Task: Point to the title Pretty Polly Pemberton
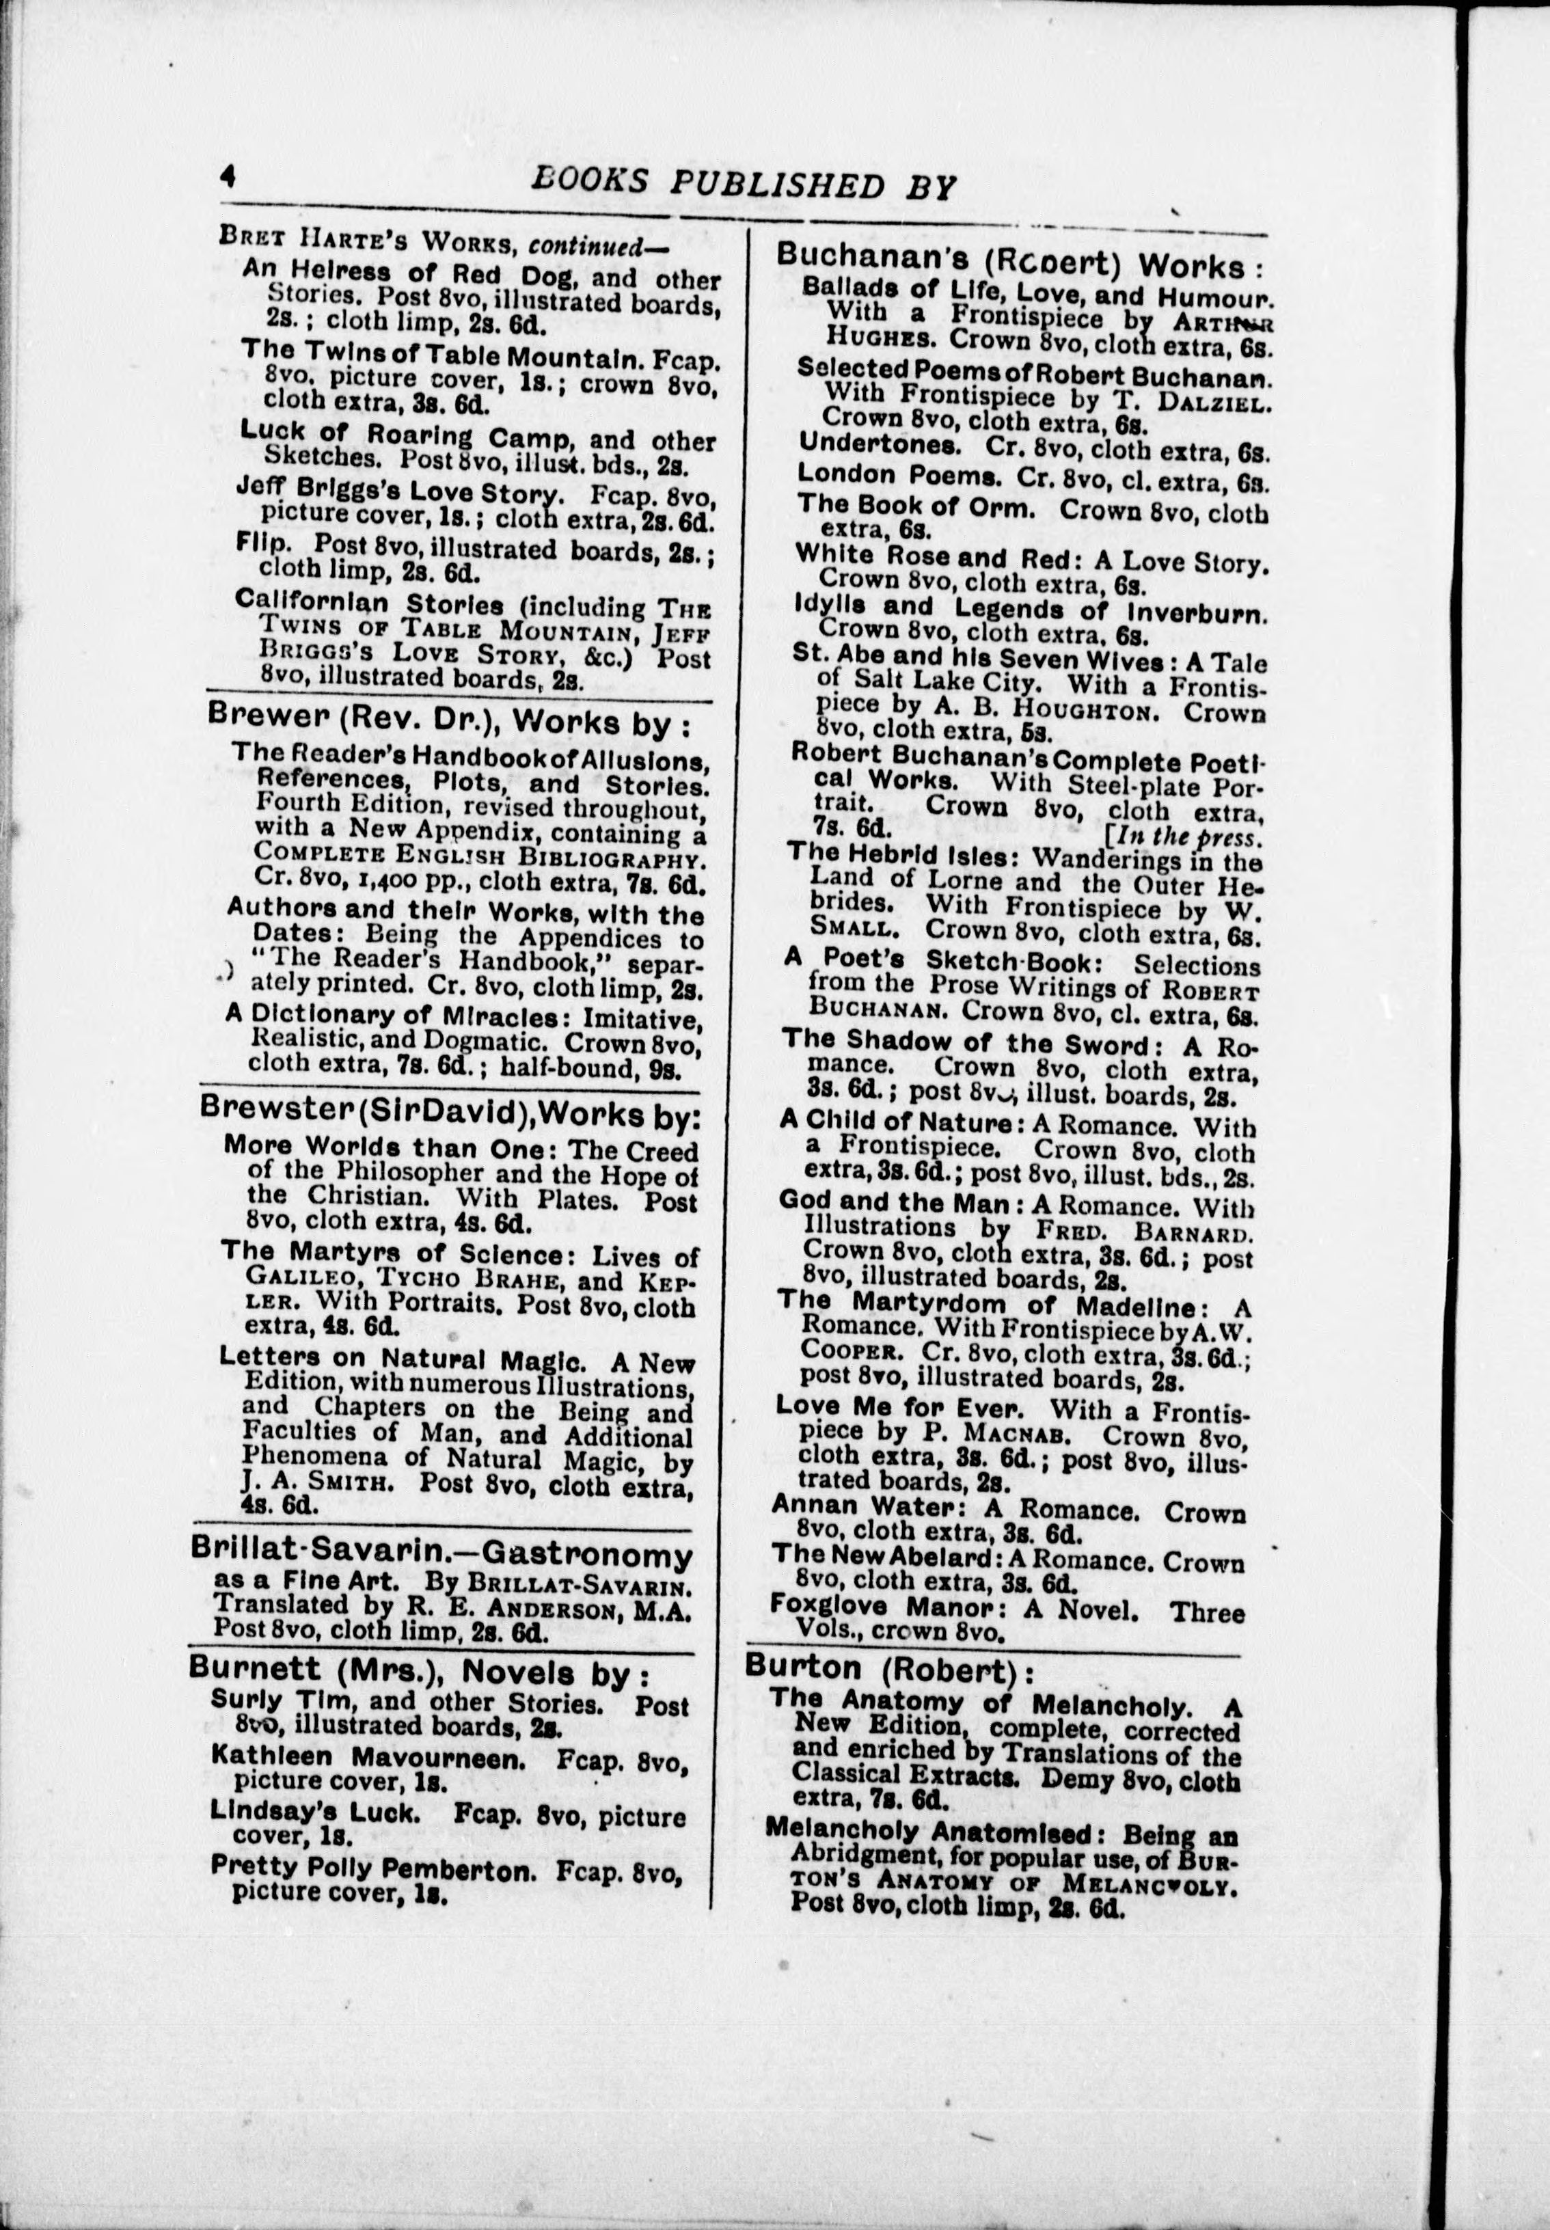point(373,1866)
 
